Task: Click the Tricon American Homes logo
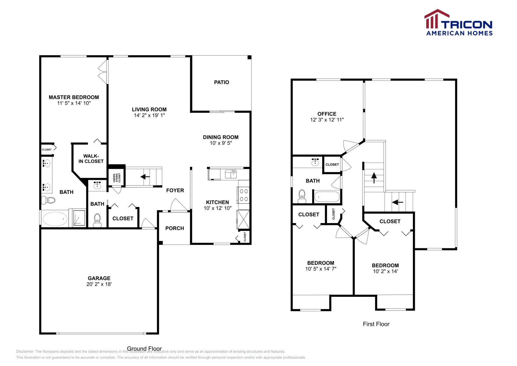pos(458,23)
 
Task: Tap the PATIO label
pos(221,82)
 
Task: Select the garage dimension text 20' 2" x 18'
pos(99,284)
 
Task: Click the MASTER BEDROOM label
pos(74,97)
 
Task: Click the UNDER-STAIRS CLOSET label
pos(117,178)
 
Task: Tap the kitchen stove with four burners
pos(244,195)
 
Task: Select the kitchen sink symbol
pos(231,174)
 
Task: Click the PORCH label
pos(174,228)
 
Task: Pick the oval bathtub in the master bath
pos(55,219)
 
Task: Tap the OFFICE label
pos(327,114)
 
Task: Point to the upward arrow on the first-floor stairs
pos(374,178)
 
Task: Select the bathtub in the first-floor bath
pos(327,197)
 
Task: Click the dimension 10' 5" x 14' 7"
pos(321,269)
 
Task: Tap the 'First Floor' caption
pos(376,324)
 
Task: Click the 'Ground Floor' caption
pos(144,349)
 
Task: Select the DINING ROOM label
pos(221,137)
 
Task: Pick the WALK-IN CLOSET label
pos(91,158)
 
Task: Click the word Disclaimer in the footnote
pos(25,351)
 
